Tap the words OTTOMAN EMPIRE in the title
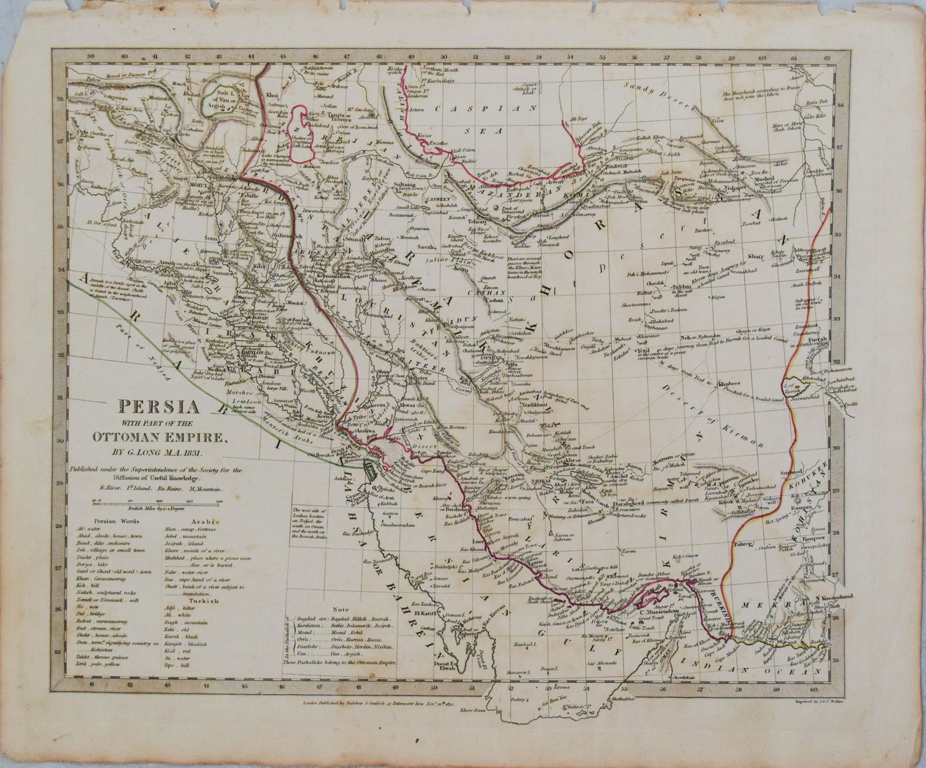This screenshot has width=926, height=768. pyautogui.click(x=160, y=437)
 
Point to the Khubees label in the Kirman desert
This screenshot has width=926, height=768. pyautogui.click(x=728, y=383)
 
